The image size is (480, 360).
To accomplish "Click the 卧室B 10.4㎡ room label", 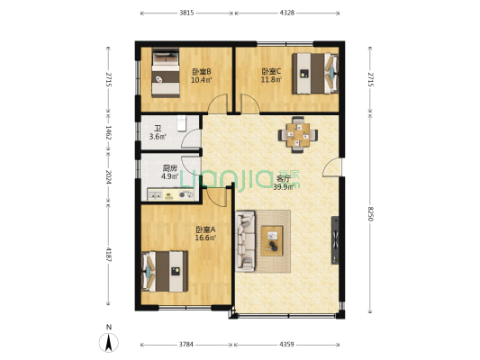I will coord(201,76).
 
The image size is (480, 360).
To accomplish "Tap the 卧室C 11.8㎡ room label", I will coord(271,76).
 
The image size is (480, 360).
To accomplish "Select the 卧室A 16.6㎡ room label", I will coord(206,234).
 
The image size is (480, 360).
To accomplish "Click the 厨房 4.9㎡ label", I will coord(169,172).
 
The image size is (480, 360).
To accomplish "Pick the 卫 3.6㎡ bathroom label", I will coord(157,132).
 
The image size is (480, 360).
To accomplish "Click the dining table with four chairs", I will coord(298,134).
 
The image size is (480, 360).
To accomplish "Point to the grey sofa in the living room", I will coord(245,241).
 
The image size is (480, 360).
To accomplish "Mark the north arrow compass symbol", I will coord(108,341).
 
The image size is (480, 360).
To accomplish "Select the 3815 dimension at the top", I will coord(186,13).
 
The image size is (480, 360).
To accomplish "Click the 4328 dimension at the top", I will coord(287,13).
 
